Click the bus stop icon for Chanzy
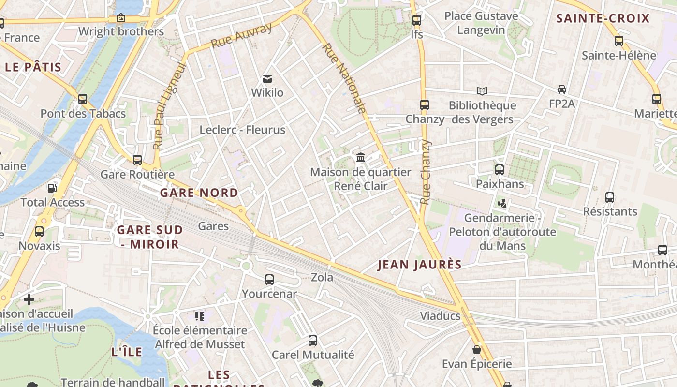[x=424, y=104]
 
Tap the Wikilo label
[x=267, y=92]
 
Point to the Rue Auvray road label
[x=241, y=36]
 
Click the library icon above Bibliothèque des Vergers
[x=482, y=91]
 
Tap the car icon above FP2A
[x=561, y=89]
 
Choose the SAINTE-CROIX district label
[x=603, y=19]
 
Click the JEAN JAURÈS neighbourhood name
[x=419, y=265]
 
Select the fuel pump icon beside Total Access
[x=52, y=188]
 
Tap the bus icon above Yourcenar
[x=269, y=279]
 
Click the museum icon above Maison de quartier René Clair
[x=360, y=158]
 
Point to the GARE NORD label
[x=199, y=193]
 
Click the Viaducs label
[x=440, y=316]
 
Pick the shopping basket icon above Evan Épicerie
[x=477, y=349]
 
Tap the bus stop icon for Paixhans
[x=500, y=170]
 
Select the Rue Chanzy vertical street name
[x=425, y=172]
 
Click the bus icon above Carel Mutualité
[x=313, y=340]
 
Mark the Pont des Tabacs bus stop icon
[x=83, y=99]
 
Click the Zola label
[x=322, y=277]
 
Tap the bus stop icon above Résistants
[x=610, y=197]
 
